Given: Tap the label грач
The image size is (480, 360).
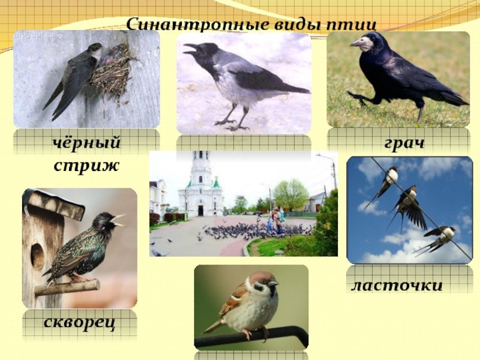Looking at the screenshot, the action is [404, 143].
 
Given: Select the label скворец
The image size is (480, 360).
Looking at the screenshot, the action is [80, 323].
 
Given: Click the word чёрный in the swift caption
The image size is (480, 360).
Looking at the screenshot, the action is [86, 143].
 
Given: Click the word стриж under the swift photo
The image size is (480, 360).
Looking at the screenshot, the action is [86, 166].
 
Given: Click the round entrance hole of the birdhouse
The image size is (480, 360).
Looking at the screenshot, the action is [38, 257].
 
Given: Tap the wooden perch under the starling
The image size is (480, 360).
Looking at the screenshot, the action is [67, 288].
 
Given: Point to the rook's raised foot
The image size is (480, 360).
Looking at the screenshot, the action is [358, 98].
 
